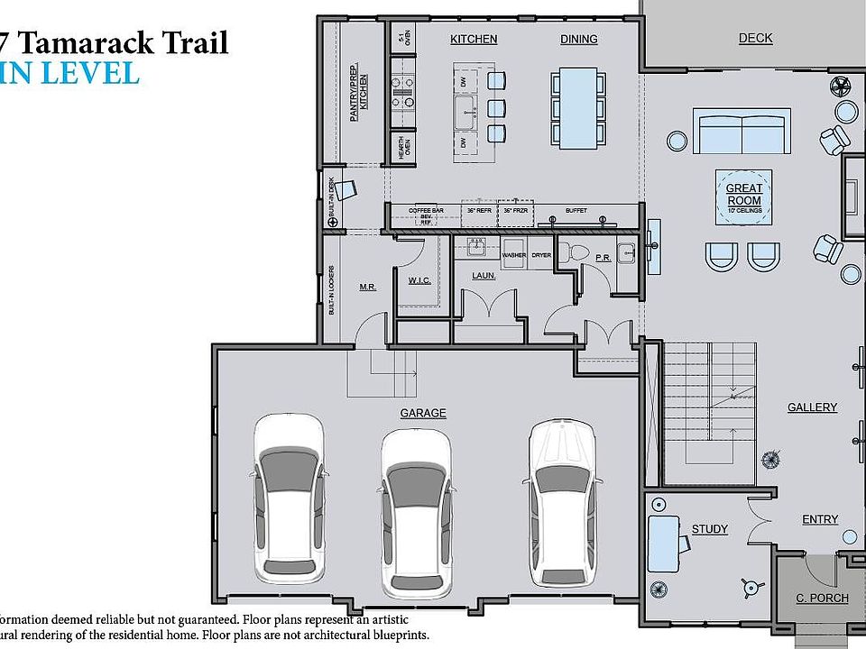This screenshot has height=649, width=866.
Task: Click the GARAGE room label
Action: click(423, 413)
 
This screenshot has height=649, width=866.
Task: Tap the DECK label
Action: click(755, 38)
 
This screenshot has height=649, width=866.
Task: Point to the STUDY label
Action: click(709, 529)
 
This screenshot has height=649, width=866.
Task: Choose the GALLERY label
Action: click(812, 407)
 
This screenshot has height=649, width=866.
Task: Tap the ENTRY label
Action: click(820, 519)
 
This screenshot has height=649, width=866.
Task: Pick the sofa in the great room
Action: click(742, 132)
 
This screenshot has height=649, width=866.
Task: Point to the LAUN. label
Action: click(484, 275)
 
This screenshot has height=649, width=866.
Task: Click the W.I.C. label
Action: click(419, 280)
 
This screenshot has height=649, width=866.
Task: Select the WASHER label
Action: click(514, 255)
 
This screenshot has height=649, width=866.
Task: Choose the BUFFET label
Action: click(576, 210)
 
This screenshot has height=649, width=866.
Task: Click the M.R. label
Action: click(367, 287)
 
